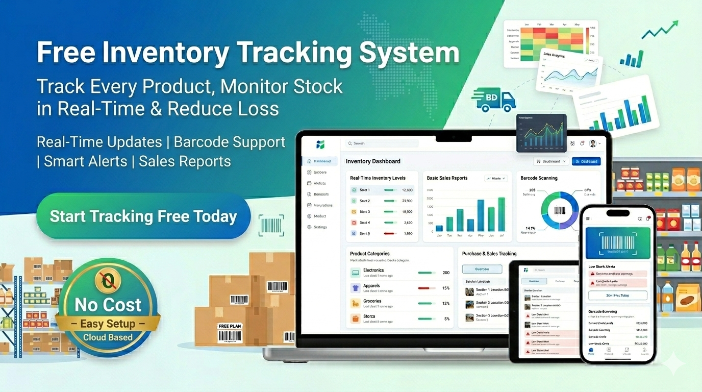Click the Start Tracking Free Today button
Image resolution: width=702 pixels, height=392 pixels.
143,216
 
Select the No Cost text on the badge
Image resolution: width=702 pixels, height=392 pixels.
108,305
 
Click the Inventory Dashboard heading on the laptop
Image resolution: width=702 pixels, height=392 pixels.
373,161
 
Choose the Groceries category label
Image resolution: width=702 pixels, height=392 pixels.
372,301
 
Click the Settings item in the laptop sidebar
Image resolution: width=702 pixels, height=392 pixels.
320,227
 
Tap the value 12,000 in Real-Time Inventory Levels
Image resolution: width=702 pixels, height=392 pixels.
407,190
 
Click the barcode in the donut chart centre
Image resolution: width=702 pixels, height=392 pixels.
560,210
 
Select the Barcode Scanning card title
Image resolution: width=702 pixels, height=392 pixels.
539,178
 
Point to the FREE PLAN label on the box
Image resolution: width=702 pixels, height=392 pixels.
230,326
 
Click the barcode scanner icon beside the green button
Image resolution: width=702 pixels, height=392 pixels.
271,225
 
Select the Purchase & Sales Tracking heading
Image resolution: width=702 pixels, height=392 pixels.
489,254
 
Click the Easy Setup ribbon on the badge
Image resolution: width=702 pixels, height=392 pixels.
108,324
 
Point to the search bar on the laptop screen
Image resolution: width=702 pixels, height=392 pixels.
382,143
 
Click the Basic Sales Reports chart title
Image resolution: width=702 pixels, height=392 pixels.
446,178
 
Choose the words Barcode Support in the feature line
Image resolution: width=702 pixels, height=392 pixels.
230,142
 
